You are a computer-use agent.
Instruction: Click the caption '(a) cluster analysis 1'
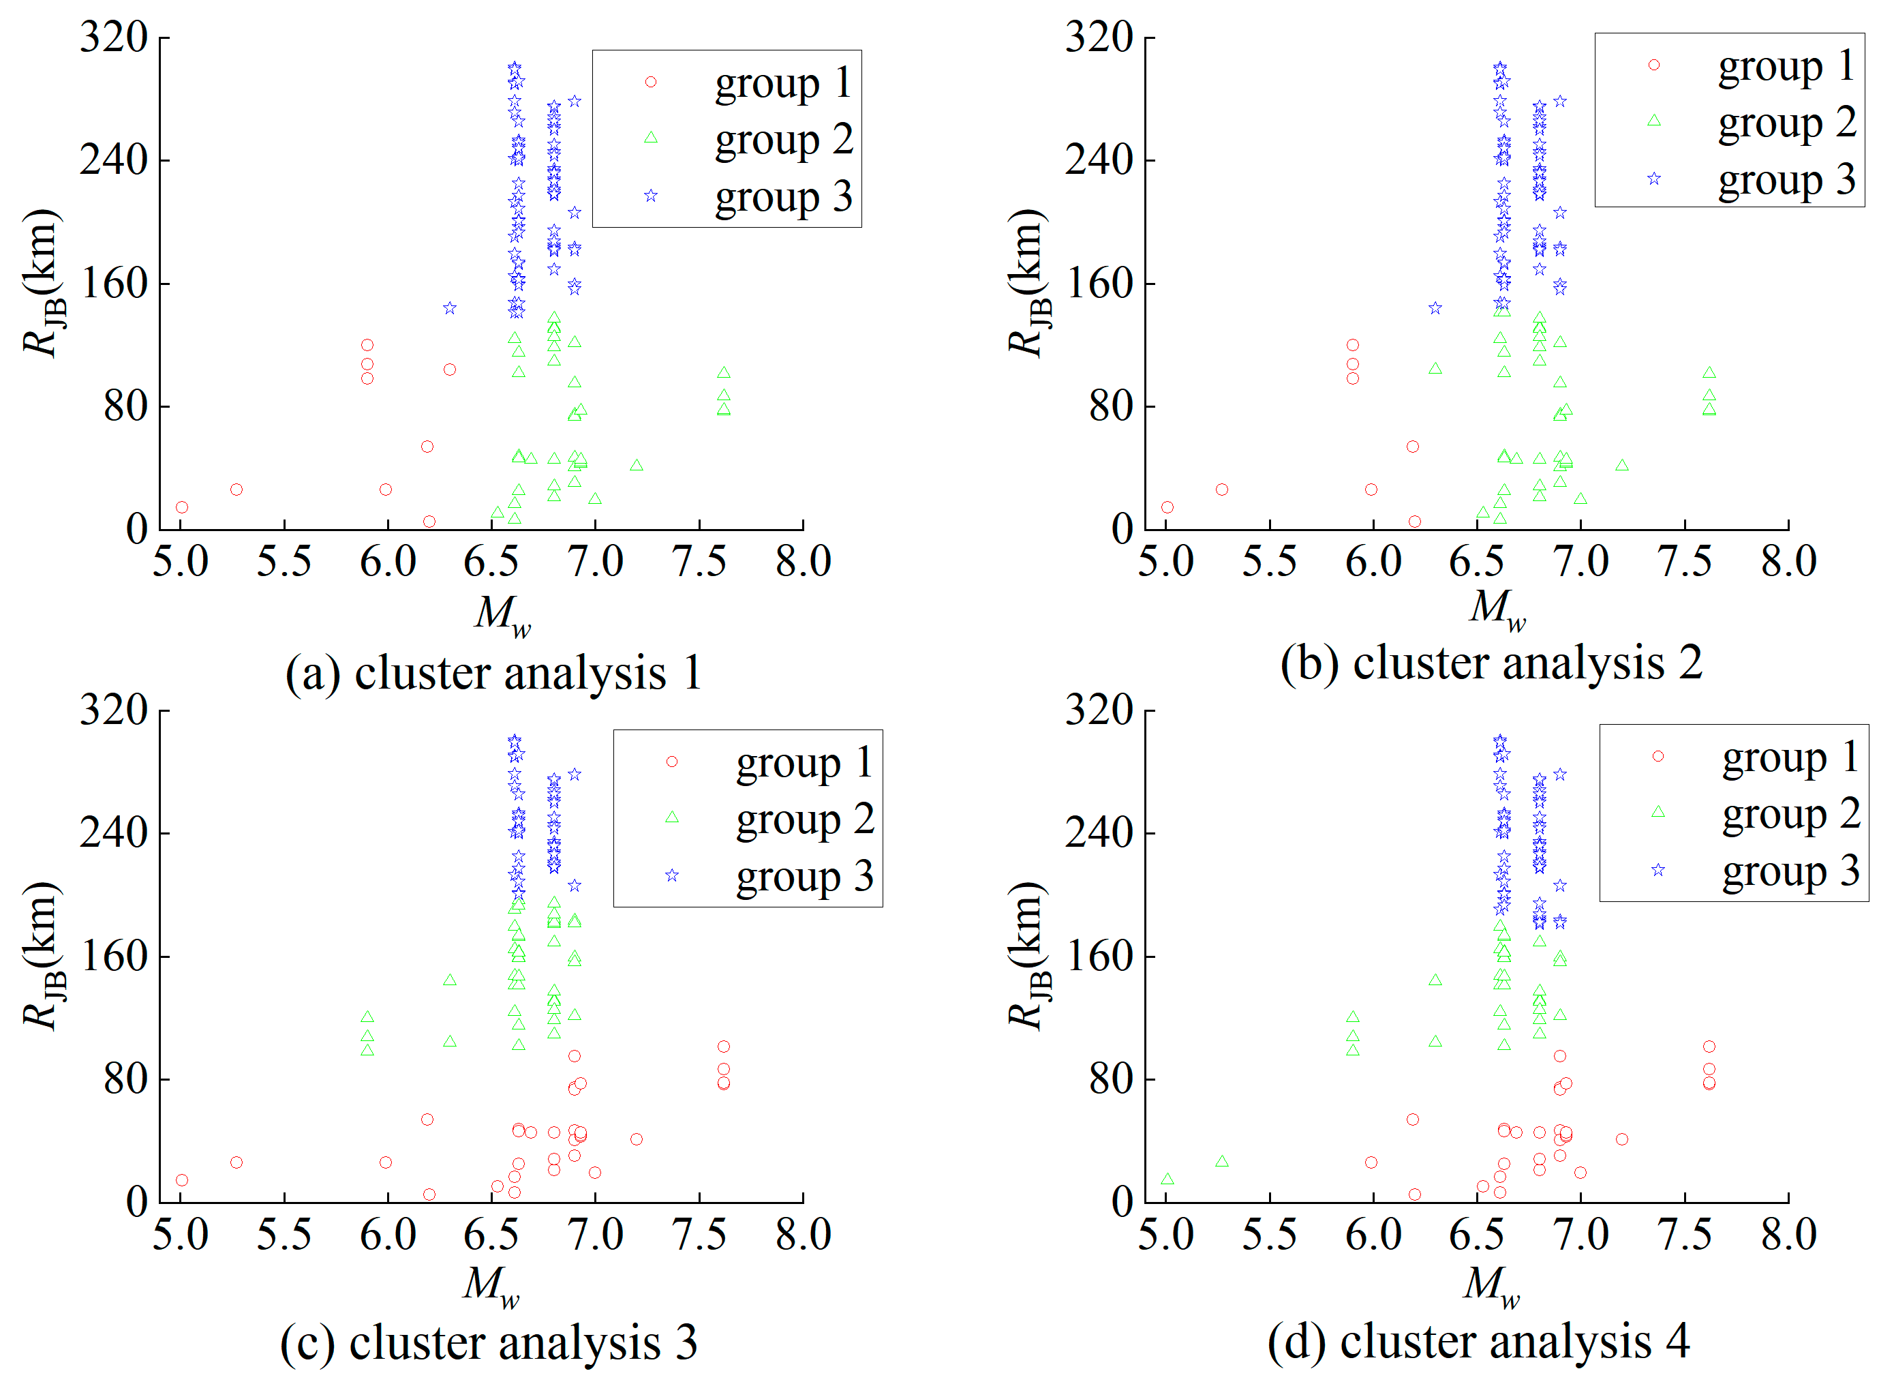[x=493, y=674]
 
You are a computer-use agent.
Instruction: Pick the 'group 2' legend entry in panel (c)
[x=804, y=819]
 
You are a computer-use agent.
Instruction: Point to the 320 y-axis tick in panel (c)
[x=114, y=710]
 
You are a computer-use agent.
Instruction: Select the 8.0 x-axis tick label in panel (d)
[x=1788, y=1235]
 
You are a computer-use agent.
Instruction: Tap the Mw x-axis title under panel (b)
[x=1497, y=609]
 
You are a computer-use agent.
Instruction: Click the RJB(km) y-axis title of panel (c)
[x=42, y=956]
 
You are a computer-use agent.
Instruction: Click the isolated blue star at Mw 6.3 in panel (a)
[x=450, y=308]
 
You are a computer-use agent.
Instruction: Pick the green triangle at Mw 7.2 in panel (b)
[x=1622, y=466]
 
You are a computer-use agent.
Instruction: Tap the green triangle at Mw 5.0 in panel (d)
[x=1167, y=1179]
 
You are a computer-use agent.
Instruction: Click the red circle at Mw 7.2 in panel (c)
[x=637, y=1139]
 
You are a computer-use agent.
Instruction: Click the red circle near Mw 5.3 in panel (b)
[x=1221, y=490]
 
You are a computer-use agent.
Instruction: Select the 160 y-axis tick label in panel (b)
[x=1099, y=283]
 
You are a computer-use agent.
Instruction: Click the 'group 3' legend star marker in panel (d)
[x=1658, y=871]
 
